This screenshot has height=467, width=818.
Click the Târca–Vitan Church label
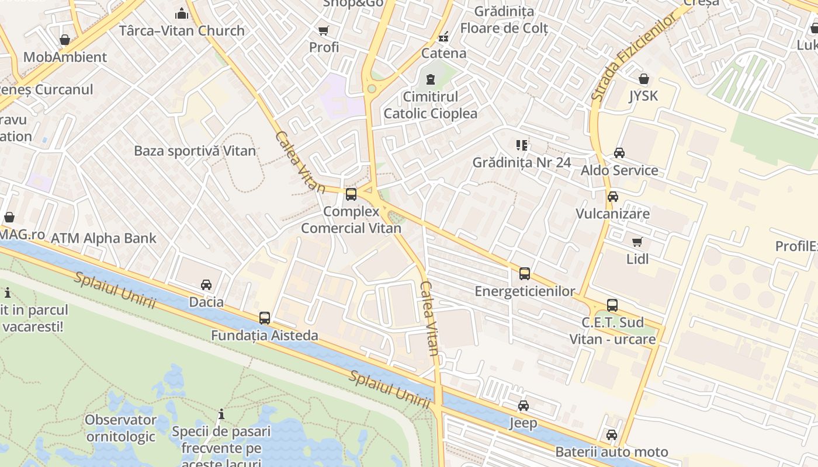[182, 31]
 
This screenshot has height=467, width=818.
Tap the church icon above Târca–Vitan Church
[182, 13]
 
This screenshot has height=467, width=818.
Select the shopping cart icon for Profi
[323, 30]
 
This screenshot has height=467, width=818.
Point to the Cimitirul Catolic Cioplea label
[431, 105]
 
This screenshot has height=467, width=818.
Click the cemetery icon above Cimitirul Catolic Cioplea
[431, 79]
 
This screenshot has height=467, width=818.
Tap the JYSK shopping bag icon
[643, 79]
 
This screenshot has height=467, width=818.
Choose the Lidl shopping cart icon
[637, 242]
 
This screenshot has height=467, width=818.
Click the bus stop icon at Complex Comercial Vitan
[351, 194]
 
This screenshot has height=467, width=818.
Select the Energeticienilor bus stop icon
[525, 273]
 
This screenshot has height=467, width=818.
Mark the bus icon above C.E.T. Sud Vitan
[612, 305]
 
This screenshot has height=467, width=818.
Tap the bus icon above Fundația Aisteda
[265, 318]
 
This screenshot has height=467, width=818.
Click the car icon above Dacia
[206, 285]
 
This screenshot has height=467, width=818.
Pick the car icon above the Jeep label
[523, 406]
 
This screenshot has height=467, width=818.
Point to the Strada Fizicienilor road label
[636, 57]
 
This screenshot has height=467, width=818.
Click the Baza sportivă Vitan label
[195, 151]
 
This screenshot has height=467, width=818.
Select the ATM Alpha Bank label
[103, 238]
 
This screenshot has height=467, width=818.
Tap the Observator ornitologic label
[121, 428]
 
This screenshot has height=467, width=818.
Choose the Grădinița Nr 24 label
[521, 162]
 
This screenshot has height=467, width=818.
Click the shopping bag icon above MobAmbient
[65, 40]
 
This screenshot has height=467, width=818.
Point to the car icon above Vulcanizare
[612, 197]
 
